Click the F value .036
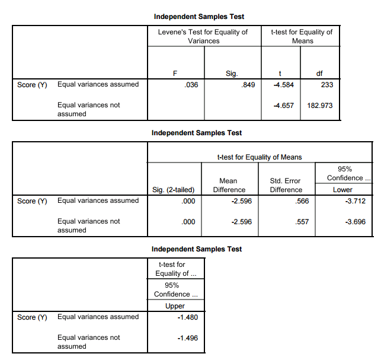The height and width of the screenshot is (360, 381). [191, 85]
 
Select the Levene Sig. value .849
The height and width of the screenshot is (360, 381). [248, 85]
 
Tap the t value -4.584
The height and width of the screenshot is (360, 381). [283, 85]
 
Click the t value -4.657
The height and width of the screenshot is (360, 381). [283, 106]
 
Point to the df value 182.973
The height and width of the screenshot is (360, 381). [321, 106]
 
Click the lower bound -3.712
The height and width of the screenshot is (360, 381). [355, 201]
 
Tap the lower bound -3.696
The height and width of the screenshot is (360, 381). [355, 222]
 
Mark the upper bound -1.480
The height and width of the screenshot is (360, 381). [187, 317]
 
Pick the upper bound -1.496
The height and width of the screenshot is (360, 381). [187, 338]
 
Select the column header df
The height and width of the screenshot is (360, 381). [319, 74]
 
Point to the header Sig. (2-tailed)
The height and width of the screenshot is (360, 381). [174, 190]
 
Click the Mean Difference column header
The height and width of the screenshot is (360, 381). [228, 185]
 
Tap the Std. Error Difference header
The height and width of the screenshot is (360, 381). [286, 185]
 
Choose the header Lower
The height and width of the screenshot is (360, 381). [342, 190]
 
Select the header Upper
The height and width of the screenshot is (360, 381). [176, 306]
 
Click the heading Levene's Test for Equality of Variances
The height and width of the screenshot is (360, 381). [203, 36]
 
